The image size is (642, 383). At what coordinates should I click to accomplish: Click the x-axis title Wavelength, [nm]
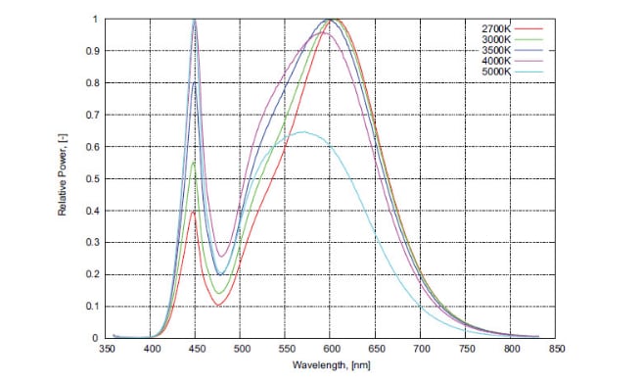pos(330,365)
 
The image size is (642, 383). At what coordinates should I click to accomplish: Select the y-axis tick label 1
pos(95,20)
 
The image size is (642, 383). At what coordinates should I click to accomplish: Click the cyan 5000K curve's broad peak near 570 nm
pos(304,131)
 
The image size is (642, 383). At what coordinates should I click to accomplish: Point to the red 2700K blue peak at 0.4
pos(194,211)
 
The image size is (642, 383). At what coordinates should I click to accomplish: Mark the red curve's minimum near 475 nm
pos(217,305)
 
